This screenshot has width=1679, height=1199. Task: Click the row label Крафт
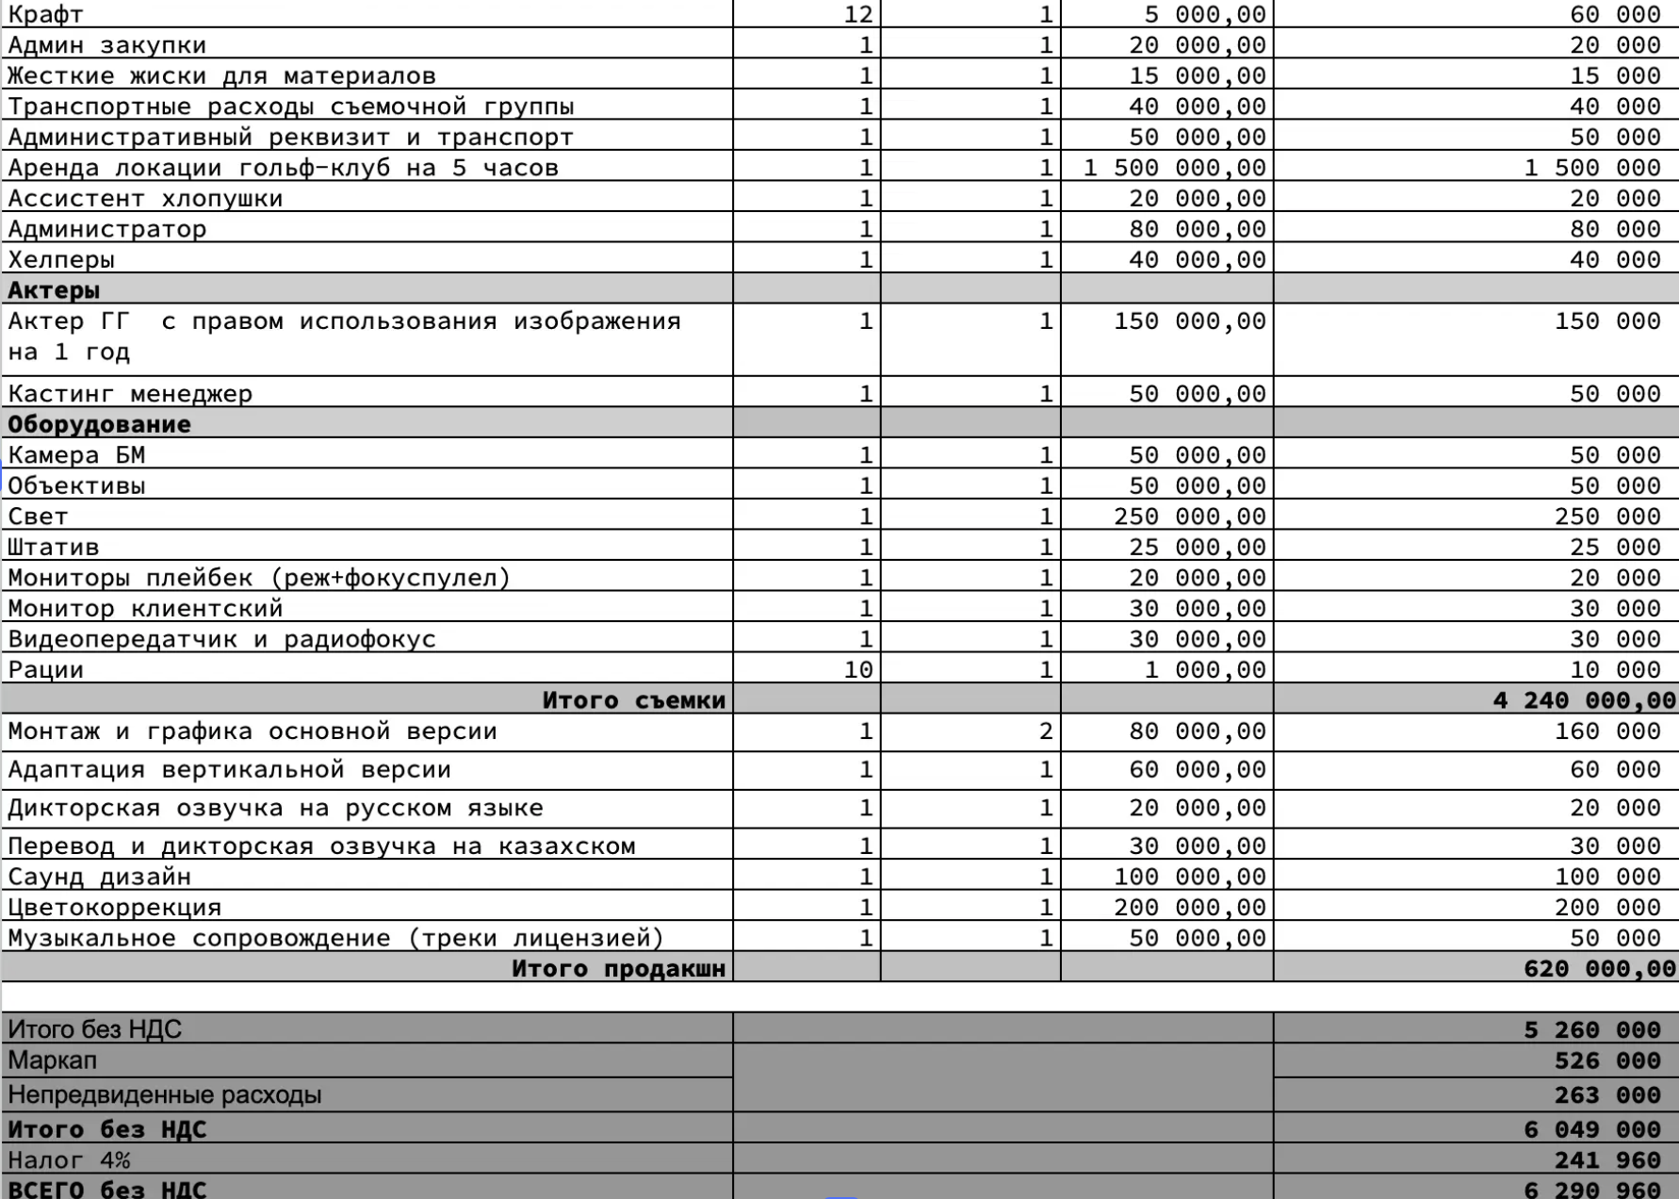45,14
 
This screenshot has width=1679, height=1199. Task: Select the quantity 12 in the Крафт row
858,14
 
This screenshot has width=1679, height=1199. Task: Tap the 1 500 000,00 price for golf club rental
1174,168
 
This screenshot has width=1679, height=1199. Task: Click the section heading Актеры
54,290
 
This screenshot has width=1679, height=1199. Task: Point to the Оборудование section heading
99,424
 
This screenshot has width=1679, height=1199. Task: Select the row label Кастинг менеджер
130,393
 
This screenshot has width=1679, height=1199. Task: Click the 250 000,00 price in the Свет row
1189,517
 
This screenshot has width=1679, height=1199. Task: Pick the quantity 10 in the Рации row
858,670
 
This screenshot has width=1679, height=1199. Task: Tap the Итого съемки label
633,700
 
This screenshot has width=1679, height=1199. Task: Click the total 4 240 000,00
1584,700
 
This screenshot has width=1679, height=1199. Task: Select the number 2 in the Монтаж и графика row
1045,731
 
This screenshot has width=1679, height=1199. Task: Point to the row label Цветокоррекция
115,908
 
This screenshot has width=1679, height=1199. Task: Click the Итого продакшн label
618,969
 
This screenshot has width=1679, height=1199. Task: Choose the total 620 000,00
1599,969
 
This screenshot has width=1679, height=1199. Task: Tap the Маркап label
53,1061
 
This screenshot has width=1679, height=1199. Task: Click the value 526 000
1606,1061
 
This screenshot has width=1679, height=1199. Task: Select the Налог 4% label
69,1160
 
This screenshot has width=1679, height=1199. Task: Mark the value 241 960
1606,1160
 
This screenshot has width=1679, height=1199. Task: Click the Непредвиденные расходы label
164,1095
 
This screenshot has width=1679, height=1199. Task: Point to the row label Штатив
54,548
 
